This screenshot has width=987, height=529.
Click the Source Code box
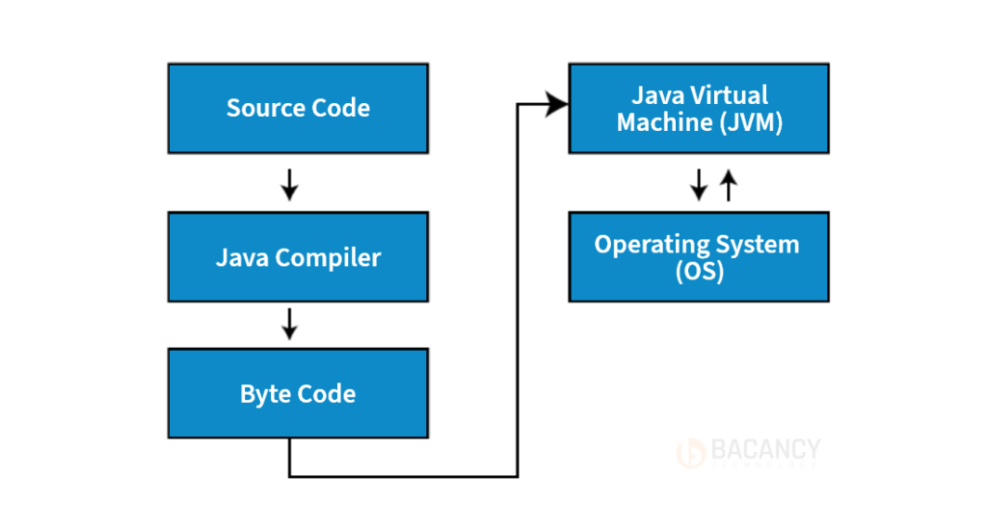298,108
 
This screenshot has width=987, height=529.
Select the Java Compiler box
298,257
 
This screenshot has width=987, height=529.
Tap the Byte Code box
298,394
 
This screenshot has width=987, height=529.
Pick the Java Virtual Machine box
699,108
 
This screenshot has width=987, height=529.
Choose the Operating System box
699,257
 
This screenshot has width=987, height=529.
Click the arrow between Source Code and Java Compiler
289,183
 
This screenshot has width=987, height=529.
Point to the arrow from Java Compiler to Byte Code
289,325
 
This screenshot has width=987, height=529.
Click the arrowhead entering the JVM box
557,104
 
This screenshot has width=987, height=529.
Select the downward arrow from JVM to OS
699,184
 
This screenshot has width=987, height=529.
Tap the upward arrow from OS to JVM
729,183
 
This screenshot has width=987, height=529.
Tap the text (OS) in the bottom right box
699,272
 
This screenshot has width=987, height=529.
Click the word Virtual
727,94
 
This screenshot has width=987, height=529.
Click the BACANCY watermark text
765,449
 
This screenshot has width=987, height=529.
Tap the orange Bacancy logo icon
691,451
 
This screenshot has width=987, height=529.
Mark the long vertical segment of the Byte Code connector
519,289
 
